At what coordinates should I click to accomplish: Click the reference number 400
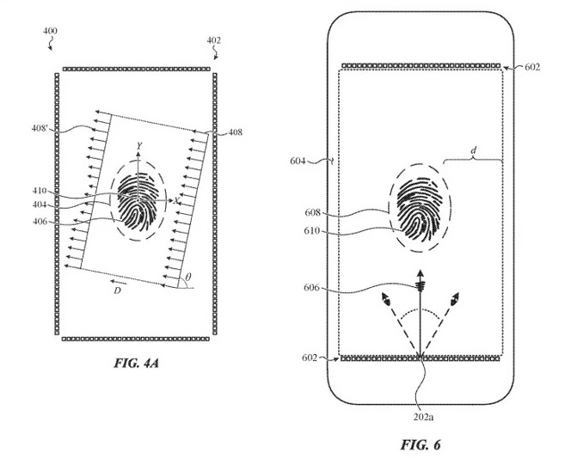[50, 31]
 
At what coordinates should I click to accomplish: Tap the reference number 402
[213, 40]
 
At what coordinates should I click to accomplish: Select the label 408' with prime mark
[40, 128]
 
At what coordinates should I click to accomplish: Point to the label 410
[40, 191]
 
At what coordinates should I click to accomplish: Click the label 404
[40, 205]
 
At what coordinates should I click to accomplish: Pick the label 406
[40, 222]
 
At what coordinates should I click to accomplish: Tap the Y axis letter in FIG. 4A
[139, 146]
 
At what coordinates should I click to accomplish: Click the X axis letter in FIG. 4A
[176, 201]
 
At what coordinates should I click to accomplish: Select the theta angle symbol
[188, 277]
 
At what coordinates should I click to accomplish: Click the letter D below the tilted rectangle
[117, 290]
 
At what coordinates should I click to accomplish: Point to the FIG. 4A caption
[137, 363]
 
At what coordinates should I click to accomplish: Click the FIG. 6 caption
[421, 445]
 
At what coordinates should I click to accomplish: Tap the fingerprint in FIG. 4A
[138, 202]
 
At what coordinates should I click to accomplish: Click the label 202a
[423, 417]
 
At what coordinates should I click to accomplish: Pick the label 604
[298, 161]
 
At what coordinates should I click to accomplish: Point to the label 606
[311, 288]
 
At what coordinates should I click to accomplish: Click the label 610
[312, 230]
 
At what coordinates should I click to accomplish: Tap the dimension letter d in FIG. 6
[474, 151]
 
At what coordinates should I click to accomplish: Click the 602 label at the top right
[532, 67]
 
